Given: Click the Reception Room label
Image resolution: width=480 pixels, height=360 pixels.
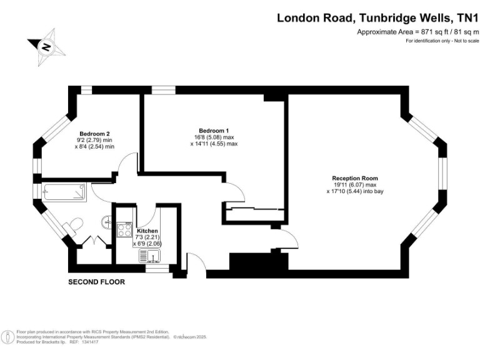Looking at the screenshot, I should coord(354,178).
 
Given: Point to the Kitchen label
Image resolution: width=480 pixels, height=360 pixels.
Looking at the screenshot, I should coord(147,231).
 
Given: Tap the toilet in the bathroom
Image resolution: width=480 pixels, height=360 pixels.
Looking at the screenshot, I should coord(76,224).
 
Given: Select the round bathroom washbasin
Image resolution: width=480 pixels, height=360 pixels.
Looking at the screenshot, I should coord(107,221).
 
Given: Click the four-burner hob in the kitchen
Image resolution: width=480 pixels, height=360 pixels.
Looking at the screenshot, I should coord(122,229).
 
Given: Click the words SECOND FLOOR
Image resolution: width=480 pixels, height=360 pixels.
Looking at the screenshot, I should coord(96,282).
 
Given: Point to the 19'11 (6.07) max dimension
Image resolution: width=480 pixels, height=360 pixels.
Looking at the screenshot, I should coord(354,185).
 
